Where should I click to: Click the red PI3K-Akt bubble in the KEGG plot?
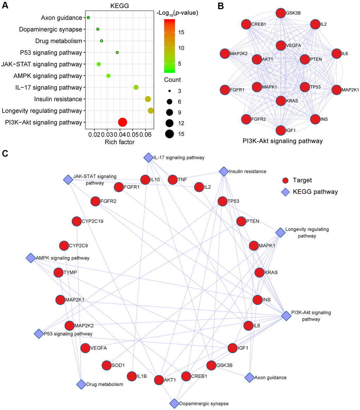[122, 122]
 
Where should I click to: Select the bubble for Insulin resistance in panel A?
[148, 99]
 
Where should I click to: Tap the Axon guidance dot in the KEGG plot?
[88, 17]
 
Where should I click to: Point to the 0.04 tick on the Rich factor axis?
[120, 135]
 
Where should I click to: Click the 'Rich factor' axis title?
[120, 142]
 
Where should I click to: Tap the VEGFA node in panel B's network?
[281, 45]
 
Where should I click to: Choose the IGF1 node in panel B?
[281, 130]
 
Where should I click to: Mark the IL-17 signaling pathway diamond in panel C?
[148, 157]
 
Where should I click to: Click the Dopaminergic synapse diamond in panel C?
[174, 403]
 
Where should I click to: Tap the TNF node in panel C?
[172, 180]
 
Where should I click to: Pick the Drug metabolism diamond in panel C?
[81, 384]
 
